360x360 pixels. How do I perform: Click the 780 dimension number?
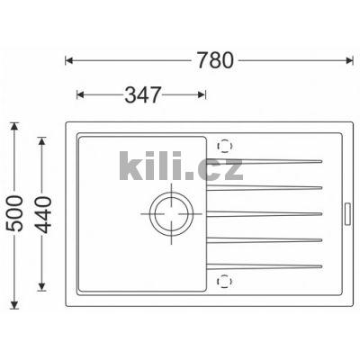[215, 60]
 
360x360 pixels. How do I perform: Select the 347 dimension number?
[143, 94]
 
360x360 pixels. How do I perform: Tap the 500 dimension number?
[14, 213]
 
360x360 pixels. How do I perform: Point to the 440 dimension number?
[42, 215]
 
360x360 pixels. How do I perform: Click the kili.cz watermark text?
[181, 166]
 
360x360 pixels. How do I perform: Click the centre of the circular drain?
[171, 214]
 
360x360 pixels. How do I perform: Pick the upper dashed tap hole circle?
[225, 146]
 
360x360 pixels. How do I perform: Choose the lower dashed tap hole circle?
[225, 282]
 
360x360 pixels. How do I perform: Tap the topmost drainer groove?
[265, 161]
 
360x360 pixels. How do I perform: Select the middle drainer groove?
[265, 214]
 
